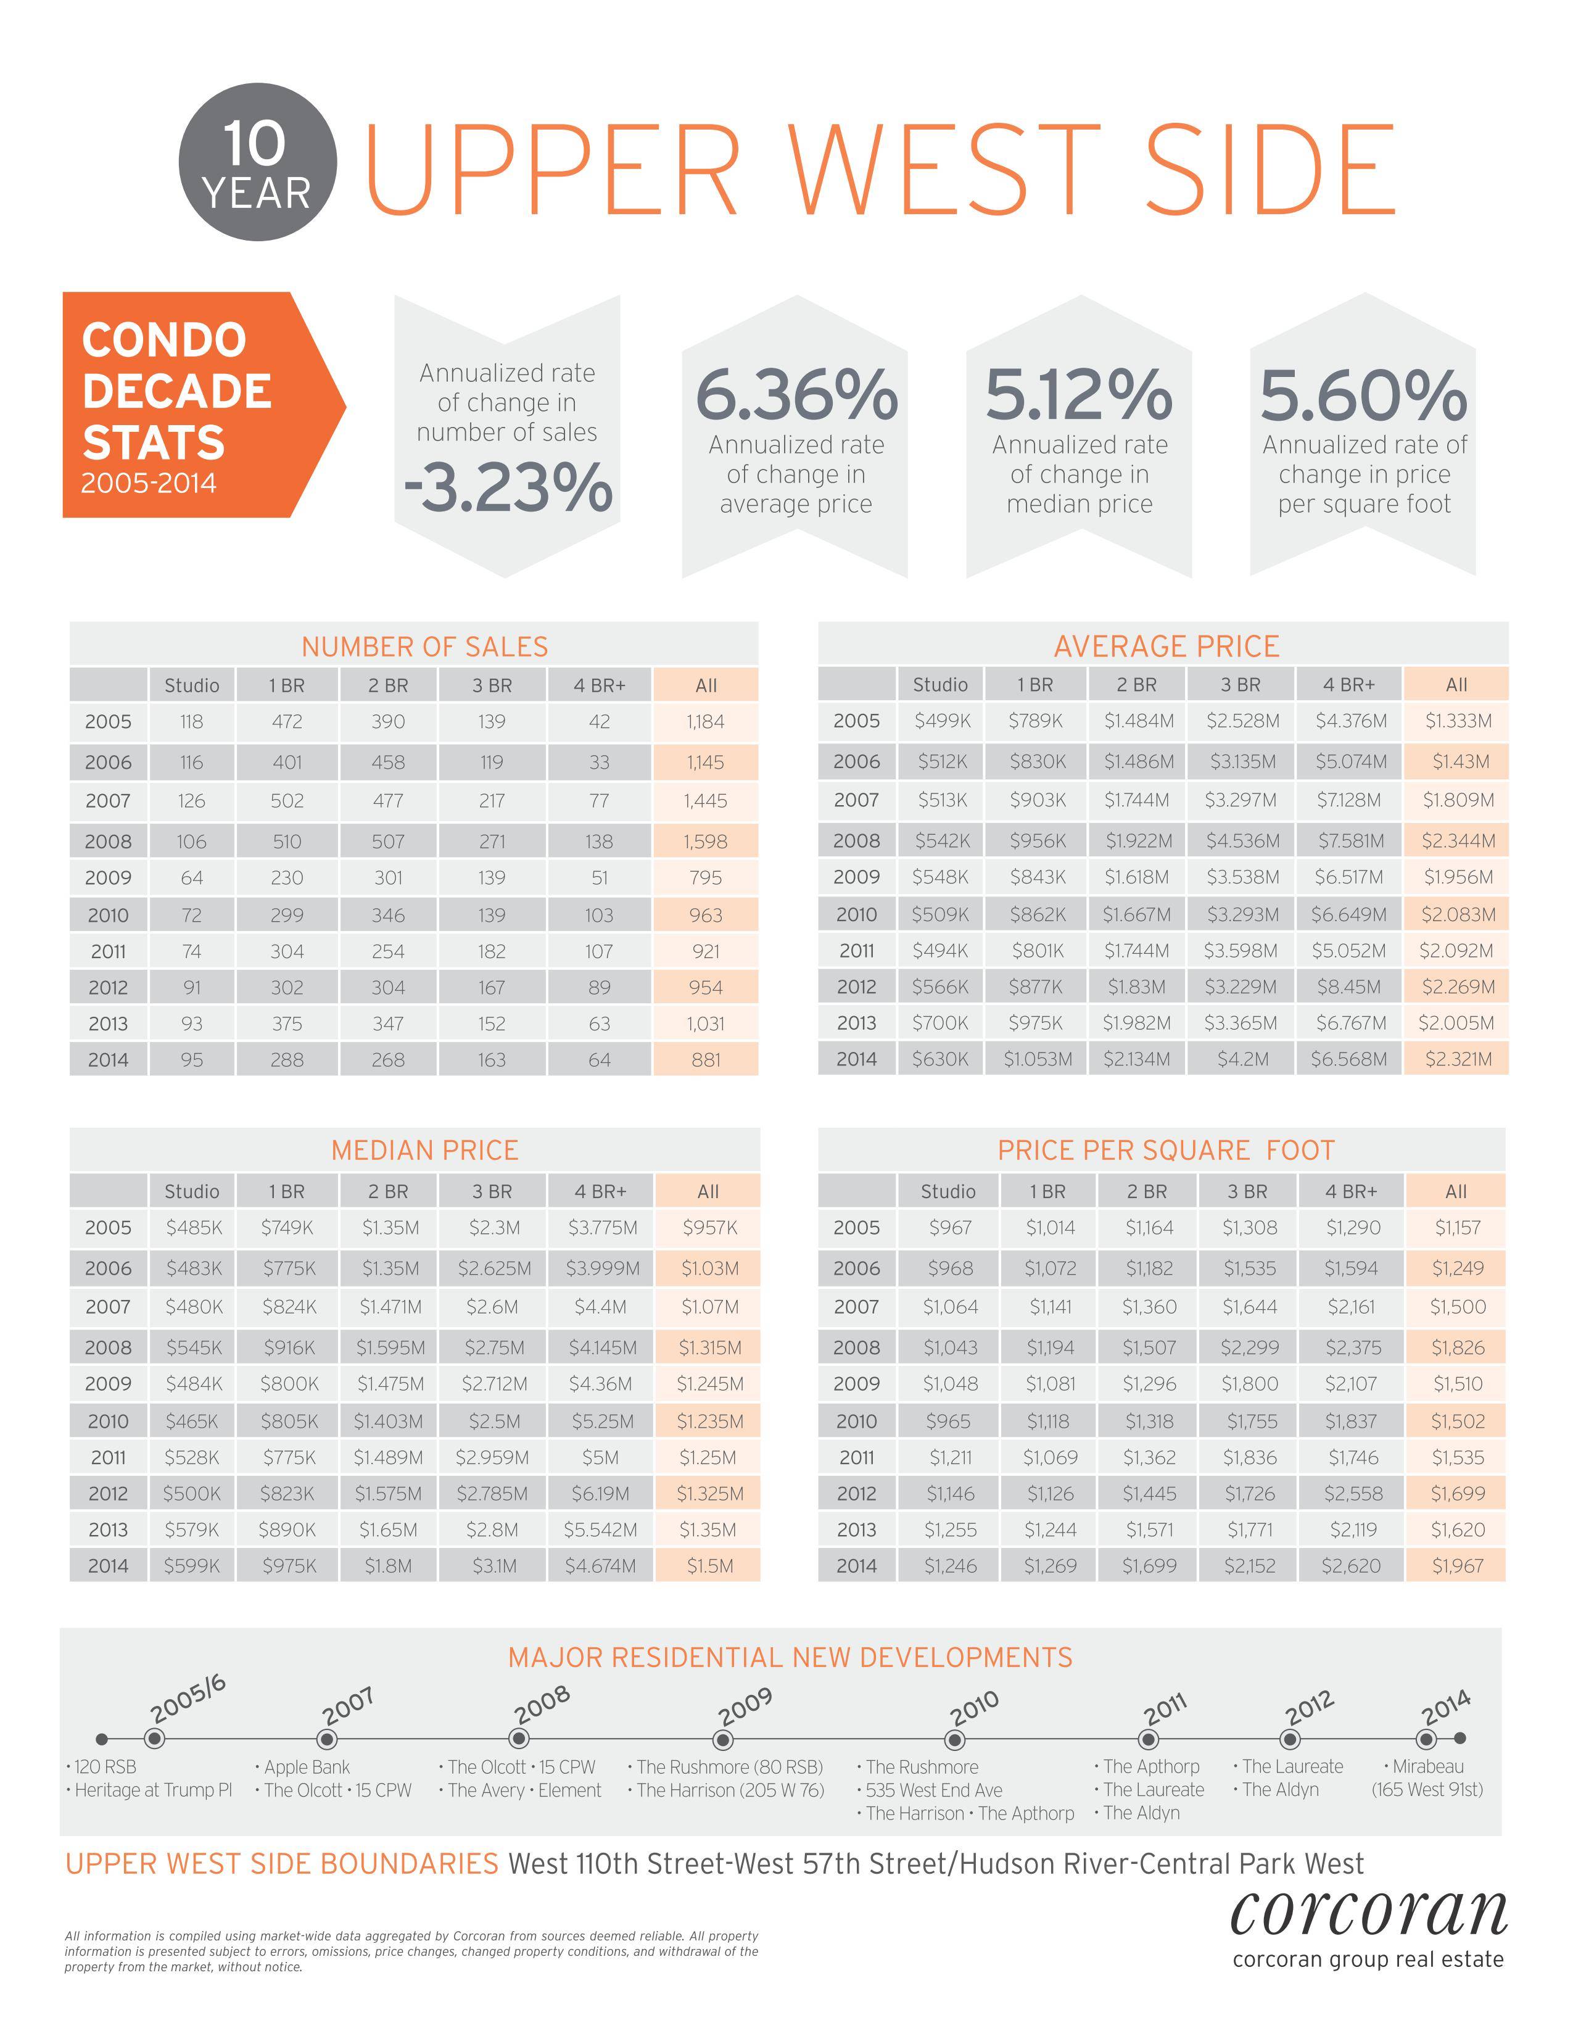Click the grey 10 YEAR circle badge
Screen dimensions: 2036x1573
257,162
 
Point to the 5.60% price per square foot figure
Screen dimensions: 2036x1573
1363,394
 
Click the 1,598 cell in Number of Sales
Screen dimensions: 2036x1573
706,841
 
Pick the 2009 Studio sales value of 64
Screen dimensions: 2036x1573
192,877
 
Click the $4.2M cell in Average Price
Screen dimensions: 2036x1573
1242,1059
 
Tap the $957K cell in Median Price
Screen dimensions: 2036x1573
709,1228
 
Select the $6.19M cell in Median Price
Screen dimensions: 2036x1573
600,1494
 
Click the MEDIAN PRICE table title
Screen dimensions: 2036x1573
425,1151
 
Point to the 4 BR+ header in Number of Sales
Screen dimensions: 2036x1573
599,685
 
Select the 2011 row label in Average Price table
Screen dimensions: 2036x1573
856,951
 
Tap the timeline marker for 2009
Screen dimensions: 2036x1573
722,1740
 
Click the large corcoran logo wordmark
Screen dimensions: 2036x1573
1368,1914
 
